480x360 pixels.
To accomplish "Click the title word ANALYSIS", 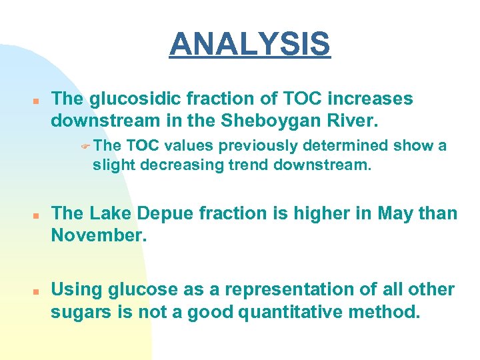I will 249,44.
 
